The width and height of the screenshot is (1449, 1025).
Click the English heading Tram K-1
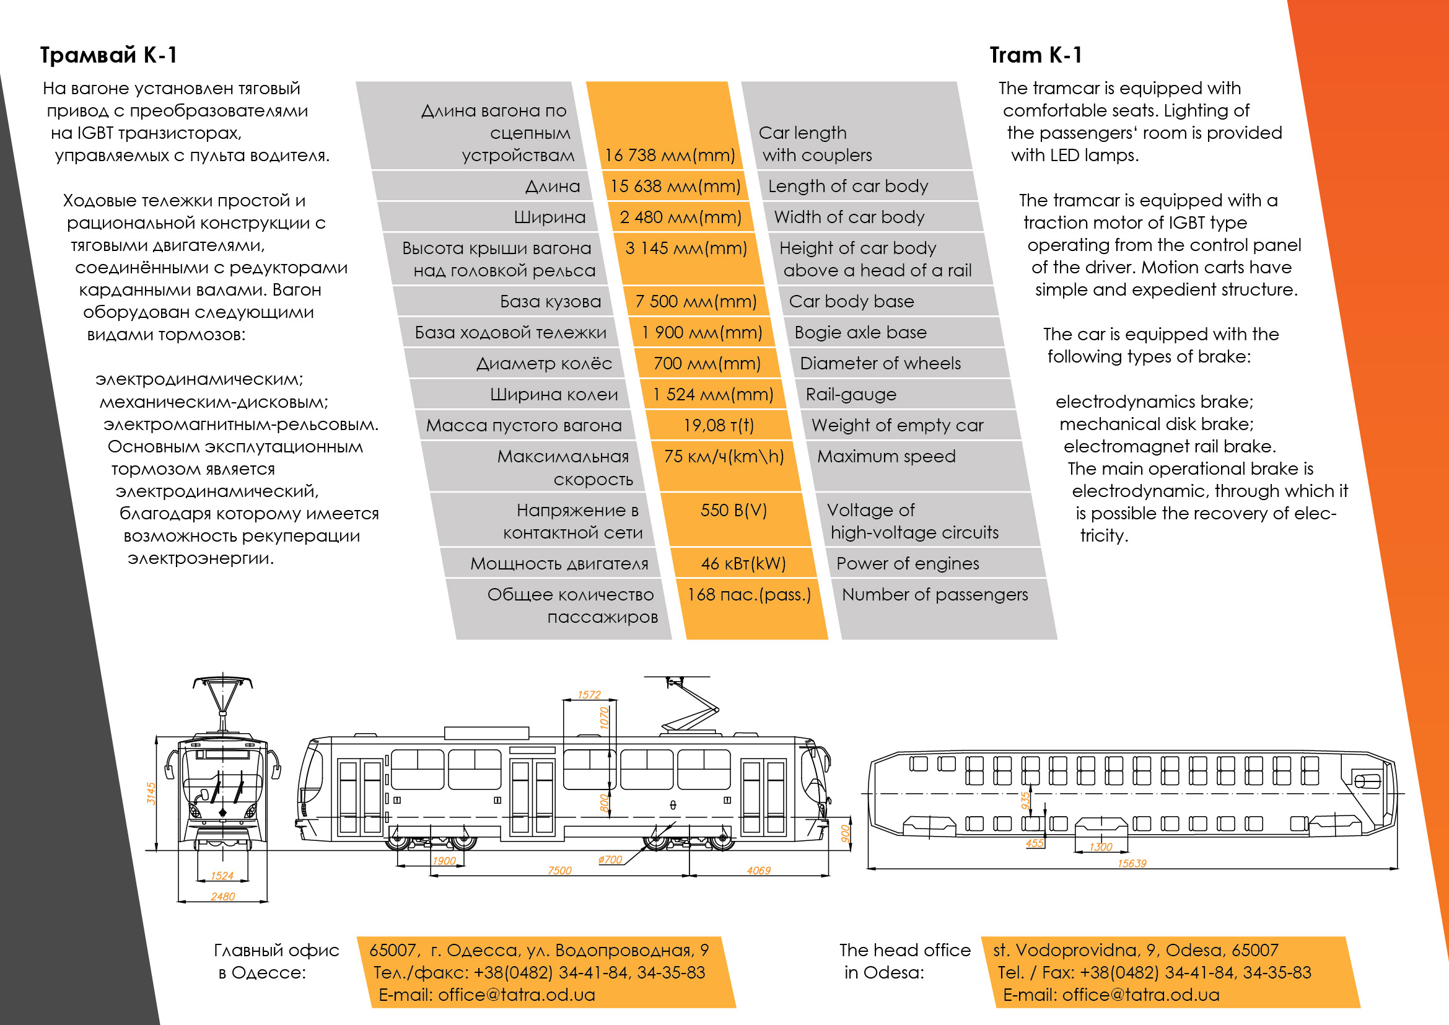[x=1036, y=55]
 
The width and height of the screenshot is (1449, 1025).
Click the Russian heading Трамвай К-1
[x=108, y=55]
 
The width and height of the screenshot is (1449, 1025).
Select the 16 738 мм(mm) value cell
[x=670, y=156]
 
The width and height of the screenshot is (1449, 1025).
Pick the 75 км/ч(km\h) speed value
[x=724, y=456]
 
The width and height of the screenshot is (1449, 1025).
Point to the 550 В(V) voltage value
[x=734, y=510]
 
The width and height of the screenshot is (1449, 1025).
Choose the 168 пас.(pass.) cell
[x=749, y=594]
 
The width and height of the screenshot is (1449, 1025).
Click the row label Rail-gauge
[x=851, y=395]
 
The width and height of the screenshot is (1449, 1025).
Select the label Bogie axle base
[x=861, y=333]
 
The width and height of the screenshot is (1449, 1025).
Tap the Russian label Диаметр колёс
[x=544, y=364]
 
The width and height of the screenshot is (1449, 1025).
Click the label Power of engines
[x=908, y=563]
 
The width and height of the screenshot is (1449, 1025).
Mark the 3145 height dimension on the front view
[x=151, y=793]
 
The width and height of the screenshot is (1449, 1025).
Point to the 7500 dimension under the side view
[x=559, y=870]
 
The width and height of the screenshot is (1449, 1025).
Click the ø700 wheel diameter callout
[x=610, y=860]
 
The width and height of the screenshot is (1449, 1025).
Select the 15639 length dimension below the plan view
[x=1132, y=863]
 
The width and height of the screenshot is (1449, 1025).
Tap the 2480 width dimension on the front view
[x=223, y=896]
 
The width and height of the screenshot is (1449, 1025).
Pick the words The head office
[x=905, y=950]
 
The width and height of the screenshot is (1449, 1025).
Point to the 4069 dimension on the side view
[x=759, y=870]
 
